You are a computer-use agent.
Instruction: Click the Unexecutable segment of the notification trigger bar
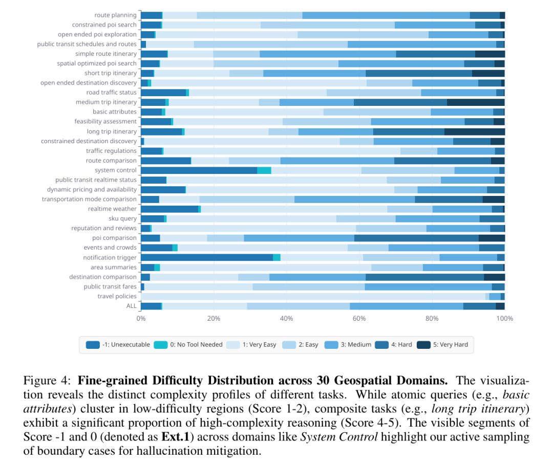point(207,257)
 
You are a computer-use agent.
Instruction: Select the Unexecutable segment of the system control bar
point(199,170)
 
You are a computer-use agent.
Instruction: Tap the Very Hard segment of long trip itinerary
point(474,131)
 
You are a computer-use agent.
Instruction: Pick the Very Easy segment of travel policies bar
point(313,296)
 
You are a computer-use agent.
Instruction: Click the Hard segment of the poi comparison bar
point(416,238)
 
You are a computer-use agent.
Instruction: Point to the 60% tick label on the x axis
point(359,319)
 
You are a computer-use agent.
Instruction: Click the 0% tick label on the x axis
point(141,319)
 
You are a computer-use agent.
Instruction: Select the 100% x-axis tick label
point(505,319)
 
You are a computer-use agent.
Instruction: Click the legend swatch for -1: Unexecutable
point(93,345)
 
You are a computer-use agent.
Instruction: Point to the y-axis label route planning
point(115,15)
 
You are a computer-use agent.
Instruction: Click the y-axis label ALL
point(132,306)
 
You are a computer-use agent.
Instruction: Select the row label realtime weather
point(112,209)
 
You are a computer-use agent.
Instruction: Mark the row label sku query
point(122,218)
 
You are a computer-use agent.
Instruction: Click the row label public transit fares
point(110,286)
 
